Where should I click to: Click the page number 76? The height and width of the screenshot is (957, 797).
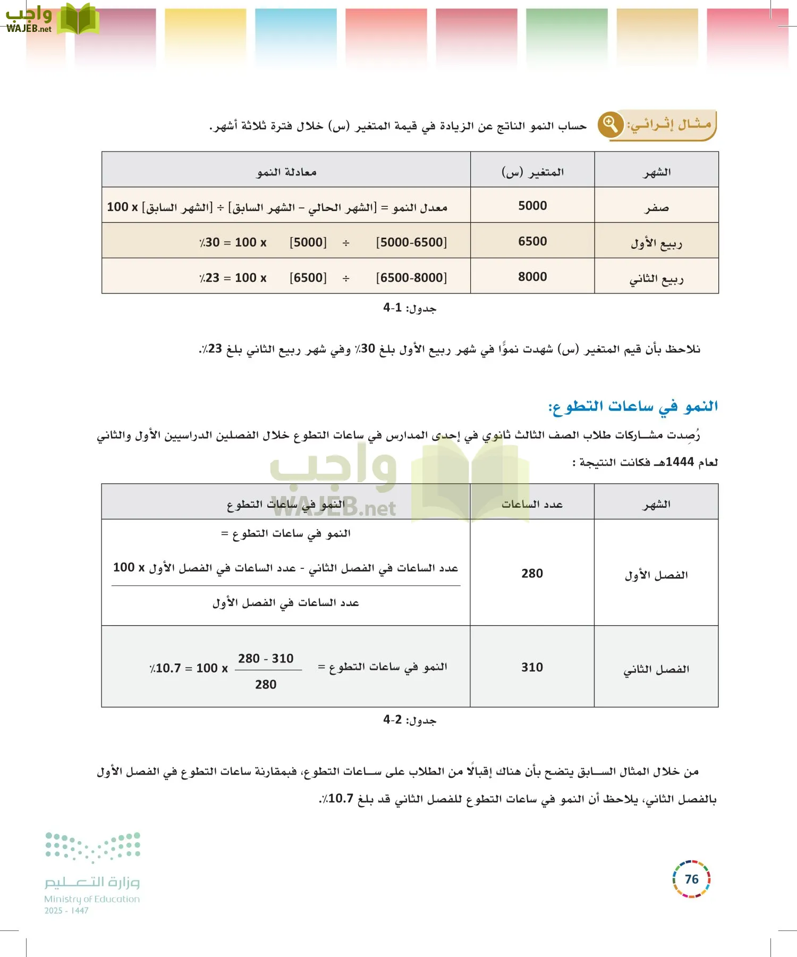(x=691, y=879)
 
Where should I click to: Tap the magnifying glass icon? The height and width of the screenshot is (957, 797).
(x=611, y=124)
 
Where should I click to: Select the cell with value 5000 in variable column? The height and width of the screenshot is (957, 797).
(x=532, y=206)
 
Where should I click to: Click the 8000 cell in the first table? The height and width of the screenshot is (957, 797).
(x=532, y=277)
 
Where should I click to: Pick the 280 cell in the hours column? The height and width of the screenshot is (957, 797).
(x=532, y=573)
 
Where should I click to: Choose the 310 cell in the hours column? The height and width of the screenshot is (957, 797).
(x=532, y=667)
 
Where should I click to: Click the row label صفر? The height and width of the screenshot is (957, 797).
(x=657, y=207)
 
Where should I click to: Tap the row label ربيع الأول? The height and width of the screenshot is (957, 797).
(x=657, y=244)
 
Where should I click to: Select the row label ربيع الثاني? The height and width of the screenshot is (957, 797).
(x=657, y=279)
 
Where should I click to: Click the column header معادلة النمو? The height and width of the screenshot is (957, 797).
(x=286, y=172)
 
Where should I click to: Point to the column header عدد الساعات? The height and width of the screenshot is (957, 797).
(x=532, y=504)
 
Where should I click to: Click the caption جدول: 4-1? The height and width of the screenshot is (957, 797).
(x=410, y=308)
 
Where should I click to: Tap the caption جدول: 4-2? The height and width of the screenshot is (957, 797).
(x=410, y=720)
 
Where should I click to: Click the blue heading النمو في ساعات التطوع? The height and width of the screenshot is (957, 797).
(x=633, y=407)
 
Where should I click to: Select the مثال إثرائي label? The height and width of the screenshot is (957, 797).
(x=669, y=124)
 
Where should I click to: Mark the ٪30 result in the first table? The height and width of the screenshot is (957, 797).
(x=210, y=242)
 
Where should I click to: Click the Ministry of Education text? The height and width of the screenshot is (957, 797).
(x=92, y=899)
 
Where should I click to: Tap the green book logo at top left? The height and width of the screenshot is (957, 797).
(x=78, y=20)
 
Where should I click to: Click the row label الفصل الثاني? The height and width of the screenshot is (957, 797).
(x=656, y=669)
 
